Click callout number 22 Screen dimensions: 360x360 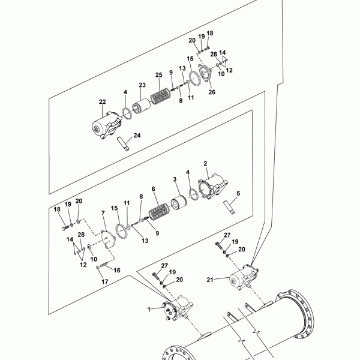point(103,102)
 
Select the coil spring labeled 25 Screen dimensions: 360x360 point(160,97)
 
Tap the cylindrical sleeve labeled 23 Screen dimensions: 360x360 point(142,106)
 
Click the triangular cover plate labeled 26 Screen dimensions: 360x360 point(205,73)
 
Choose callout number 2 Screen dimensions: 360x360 point(205,164)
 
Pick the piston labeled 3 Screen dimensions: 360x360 point(179,202)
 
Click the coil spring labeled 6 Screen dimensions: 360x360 point(159,211)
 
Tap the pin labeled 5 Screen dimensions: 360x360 point(229,208)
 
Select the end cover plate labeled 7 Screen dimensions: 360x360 point(109,239)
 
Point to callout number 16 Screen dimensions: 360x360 point(117,270)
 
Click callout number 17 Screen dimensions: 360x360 point(105,282)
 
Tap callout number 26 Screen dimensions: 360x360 point(212,92)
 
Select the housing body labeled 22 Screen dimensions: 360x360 point(106,125)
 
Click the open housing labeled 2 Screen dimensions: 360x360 point(213,186)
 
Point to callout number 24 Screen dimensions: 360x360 point(137,136)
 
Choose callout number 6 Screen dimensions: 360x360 point(154,189)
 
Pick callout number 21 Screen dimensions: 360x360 point(210,280)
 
